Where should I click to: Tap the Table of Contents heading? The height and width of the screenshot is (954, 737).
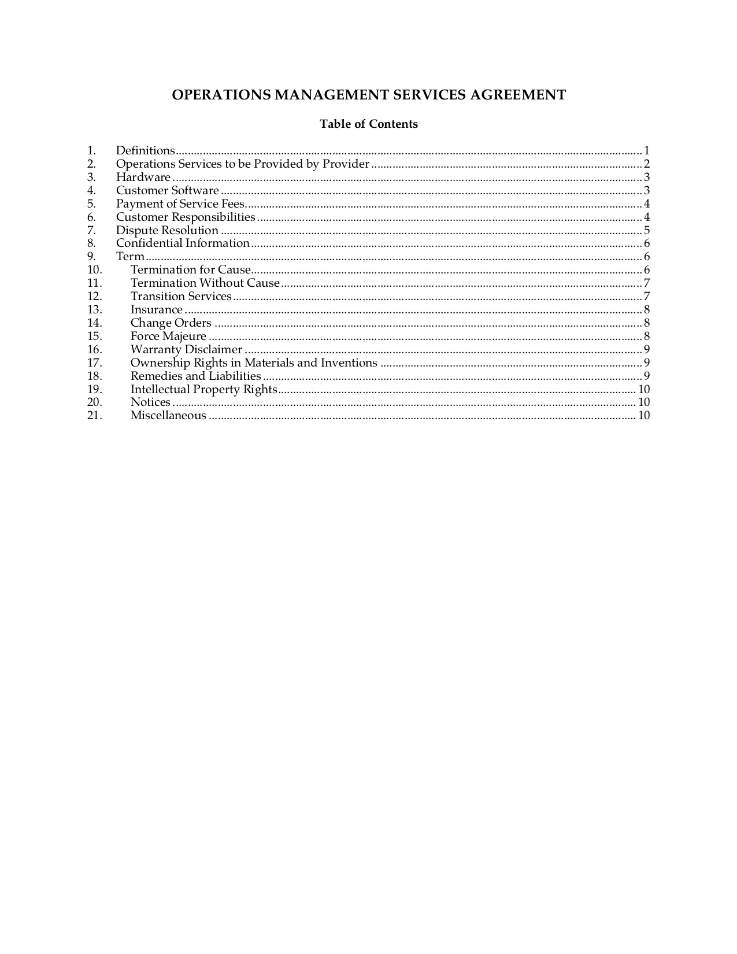[x=369, y=124]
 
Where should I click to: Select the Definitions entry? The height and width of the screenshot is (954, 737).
[x=145, y=151]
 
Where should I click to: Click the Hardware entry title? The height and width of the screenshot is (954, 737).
[x=143, y=178]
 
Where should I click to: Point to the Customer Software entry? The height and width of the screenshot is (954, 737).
[x=167, y=191]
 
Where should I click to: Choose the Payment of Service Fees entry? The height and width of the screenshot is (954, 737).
[x=180, y=204]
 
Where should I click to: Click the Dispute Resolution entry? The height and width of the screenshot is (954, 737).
[x=167, y=231]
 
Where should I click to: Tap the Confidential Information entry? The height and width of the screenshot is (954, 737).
[x=183, y=243]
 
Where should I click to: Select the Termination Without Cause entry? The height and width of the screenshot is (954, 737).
[x=205, y=283]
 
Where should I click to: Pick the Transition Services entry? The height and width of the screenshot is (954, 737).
[x=181, y=297]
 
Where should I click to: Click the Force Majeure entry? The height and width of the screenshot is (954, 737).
[x=168, y=337]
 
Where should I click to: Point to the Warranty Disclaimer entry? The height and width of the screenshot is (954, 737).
[x=186, y=350]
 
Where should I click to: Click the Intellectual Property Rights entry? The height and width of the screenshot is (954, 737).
[x=203, y=390]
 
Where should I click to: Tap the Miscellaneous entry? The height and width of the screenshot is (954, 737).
[x=168, y=416]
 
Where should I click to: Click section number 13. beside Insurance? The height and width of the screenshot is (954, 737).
[x=94, y=310]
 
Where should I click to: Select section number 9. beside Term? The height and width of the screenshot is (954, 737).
[x=91, y=257]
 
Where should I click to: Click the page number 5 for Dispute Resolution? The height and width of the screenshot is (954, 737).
[x=647, y=231]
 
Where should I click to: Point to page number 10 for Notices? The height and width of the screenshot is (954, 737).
[x=644, y=402]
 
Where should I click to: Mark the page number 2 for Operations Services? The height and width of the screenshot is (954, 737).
[x=647, y=164]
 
